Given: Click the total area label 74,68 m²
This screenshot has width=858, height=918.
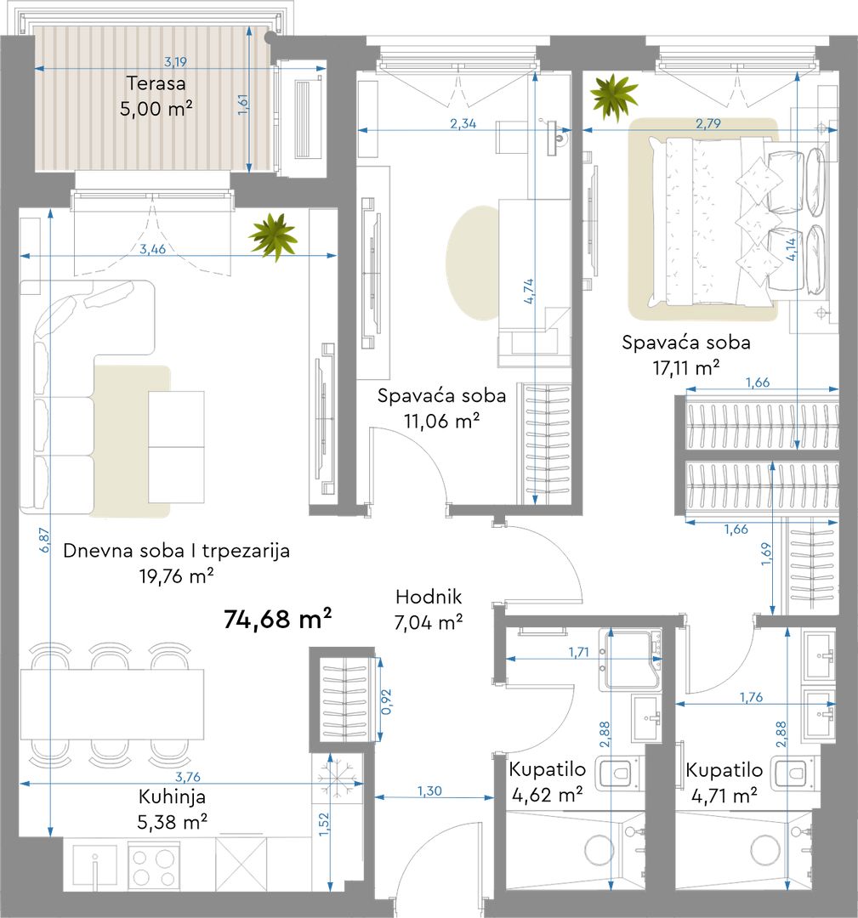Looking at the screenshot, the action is [277, 619].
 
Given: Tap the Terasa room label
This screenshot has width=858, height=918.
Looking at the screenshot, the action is [156, 83].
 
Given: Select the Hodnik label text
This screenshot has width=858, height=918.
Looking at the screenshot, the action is [429, 597].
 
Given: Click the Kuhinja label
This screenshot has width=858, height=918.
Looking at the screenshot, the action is [172, 796].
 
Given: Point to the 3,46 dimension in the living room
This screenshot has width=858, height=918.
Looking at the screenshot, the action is [152, 249].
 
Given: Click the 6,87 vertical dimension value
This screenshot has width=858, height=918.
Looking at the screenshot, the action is [44, 540].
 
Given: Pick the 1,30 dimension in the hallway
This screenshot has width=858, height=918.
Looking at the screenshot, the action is [429, 791].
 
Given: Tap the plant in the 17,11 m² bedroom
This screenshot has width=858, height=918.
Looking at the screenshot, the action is [614, 97].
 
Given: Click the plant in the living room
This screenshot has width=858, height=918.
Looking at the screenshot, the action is [273, 236].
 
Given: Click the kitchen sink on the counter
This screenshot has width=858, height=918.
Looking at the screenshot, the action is [95, 869].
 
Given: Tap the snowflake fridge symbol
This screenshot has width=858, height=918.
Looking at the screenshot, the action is [338, 775].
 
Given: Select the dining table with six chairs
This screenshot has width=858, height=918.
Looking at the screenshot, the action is [112, 705].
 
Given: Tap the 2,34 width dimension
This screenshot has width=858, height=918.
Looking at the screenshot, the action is [463, 123].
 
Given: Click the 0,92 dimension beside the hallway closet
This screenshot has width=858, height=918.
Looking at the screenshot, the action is [386, 701].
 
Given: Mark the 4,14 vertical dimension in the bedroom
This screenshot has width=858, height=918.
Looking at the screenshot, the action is [790, 249].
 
